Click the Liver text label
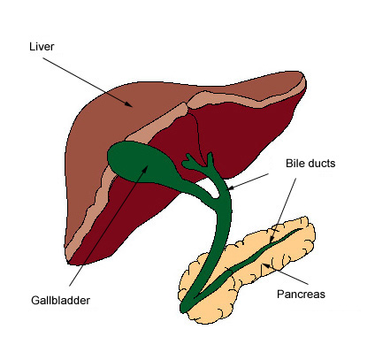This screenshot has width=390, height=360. point(42,47)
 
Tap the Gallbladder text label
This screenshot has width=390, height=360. point(60,300)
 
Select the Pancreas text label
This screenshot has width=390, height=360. point(301,294)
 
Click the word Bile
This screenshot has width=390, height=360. point(295,163)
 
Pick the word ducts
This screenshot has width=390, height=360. point(322,163)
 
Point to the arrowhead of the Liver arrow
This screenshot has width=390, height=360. point(128,103)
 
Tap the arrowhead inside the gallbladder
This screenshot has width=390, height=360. point(145,169)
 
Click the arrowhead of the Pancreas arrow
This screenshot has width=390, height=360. point(266,265)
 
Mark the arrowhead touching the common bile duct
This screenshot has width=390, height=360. point(231,188)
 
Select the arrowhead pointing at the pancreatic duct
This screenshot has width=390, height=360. point(272,240)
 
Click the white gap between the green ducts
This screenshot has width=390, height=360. point(210,188)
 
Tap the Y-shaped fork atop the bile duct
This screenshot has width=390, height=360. point(198,163)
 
